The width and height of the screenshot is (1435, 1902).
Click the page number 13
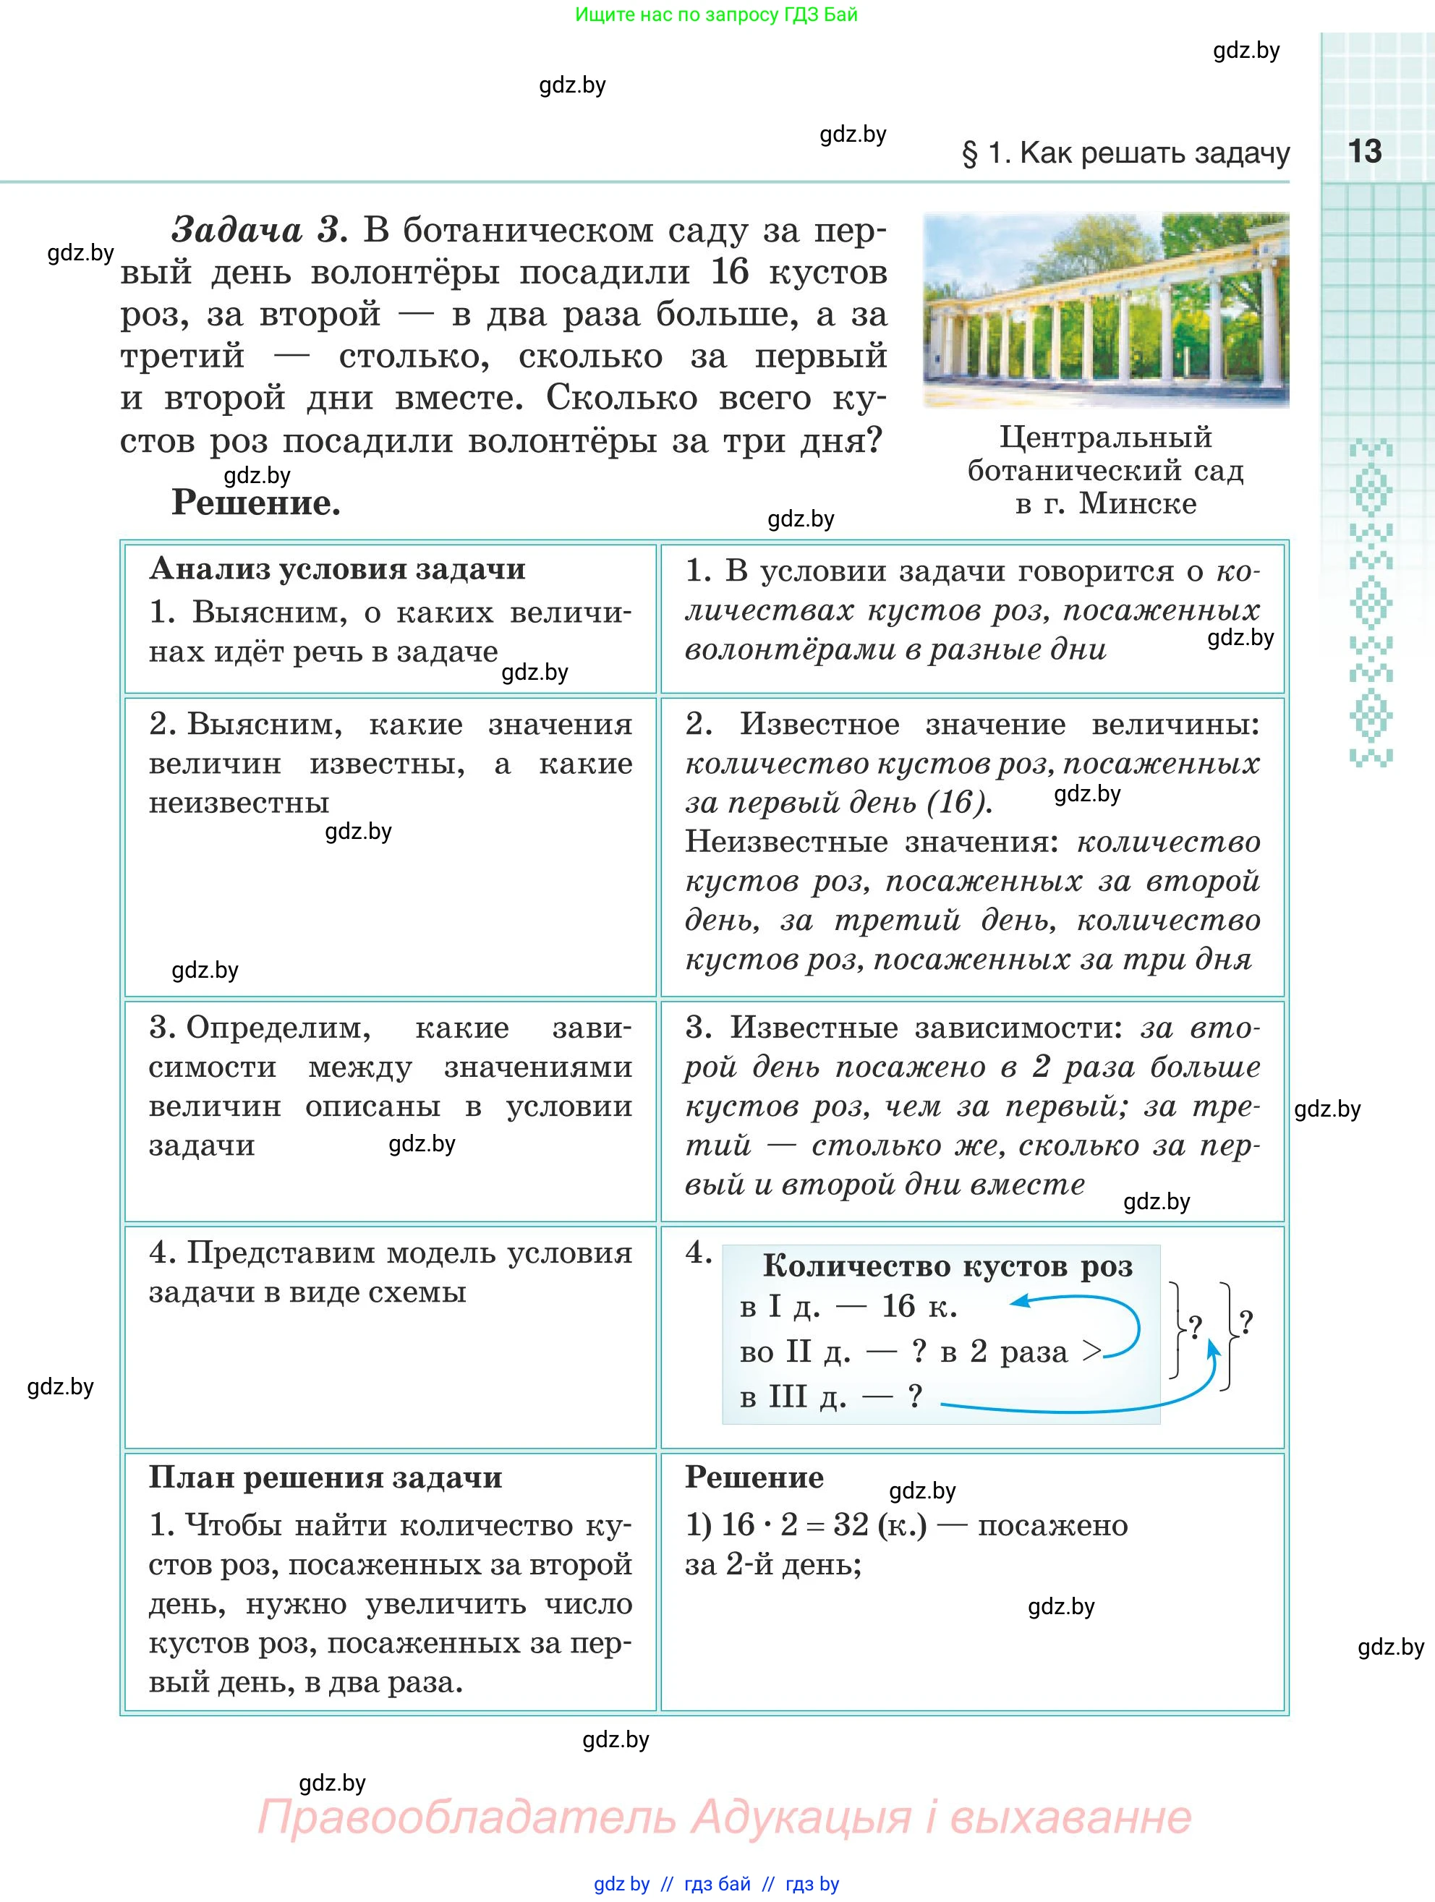coord(1365,151)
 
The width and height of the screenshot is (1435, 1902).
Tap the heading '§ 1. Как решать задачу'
coord(1125,153)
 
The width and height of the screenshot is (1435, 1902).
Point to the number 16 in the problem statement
coord(730,272)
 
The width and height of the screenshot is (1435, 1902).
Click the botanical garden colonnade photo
coord(1106,310)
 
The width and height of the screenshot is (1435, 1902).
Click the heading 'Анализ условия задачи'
coord(337,569)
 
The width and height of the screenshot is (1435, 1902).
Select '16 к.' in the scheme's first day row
coord(919,1307)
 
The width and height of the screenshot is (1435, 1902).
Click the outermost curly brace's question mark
coord(1247,1321)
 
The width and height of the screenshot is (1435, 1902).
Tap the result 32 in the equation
coord(851,1524)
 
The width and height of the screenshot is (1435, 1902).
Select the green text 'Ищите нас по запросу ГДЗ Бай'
coord(716,14)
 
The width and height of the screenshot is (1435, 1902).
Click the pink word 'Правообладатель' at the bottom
coord(466,1817)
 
